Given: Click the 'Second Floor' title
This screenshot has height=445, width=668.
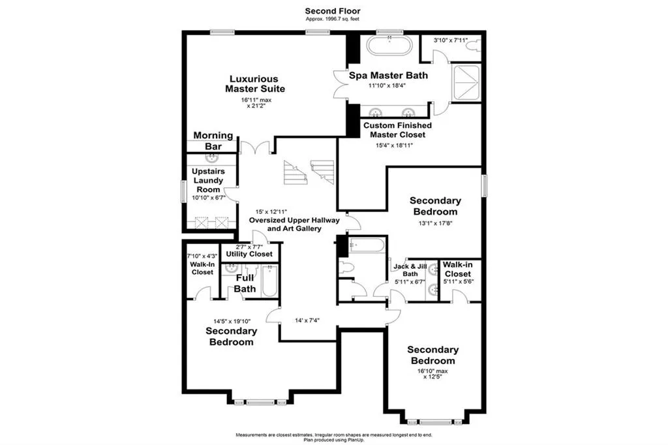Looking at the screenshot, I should pyautogui.click(x=333, y=10).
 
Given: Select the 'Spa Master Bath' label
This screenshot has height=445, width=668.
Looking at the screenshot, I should pyautogui.click(x=388, y=76).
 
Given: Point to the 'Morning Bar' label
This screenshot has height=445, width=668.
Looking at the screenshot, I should pyautogui.click(x=213, y=141).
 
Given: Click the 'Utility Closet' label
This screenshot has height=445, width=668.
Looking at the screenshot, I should pyautogui.click(x=250, y=253).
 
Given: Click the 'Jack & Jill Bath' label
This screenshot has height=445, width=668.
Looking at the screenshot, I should pyautogui.click(x=410, y=270).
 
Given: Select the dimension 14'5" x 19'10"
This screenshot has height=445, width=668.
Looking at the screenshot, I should pyautogui.click(x=232, y=321).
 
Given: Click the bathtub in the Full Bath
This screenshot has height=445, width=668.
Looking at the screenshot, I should pyautogui.click(x=269, y=281).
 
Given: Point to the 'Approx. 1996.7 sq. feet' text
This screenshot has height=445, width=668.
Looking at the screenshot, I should pyautogui.click(x=333, y=19).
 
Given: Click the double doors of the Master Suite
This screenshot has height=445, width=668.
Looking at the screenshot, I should pyautogui.click(x=255, y=147).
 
